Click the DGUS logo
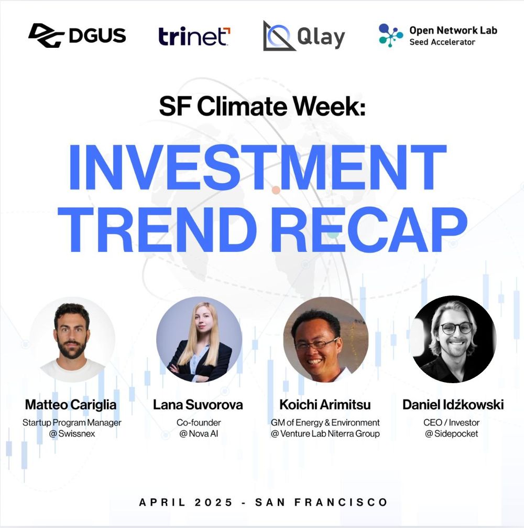77,35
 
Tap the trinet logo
194,36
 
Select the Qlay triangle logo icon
278,36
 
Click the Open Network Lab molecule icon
390,35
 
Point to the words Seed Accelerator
442,42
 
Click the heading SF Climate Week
262,106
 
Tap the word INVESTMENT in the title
258,167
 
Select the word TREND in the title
156,229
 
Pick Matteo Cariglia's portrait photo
72,340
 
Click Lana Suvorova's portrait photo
199,340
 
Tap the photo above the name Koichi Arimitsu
326,340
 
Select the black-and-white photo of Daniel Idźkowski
453,339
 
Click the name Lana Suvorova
198,405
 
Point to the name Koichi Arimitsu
325,405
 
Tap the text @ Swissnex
72,434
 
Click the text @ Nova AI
199,434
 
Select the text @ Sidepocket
451,434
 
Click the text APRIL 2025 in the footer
186,502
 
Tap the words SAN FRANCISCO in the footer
322,502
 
